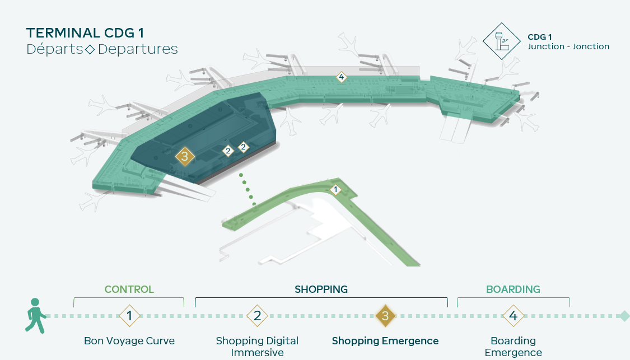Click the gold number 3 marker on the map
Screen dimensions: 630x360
[x=185, y=156]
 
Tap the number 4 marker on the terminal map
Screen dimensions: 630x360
[x=341, y=77]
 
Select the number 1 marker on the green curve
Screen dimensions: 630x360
[x=335, y=189]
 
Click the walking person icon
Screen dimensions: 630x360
[x=35, y=315]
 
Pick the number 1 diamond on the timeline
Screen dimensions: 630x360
[x=129, y=316]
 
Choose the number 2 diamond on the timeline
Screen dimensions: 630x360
[x=257, y=316]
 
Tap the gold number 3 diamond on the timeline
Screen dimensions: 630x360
[x=385, y=316]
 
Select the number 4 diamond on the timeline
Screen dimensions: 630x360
[x=513, y=316]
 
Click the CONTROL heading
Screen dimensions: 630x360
[x=129, y=289]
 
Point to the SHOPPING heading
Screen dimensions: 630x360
[x=321, y=289]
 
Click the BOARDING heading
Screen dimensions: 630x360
[x=513, y=289]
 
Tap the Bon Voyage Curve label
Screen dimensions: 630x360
[x=129, y=341]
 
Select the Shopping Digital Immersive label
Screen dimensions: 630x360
[x=257, y=347]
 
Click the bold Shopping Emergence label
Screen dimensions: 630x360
[x=385, y=341]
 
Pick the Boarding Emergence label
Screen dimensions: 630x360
[x=513, y=347]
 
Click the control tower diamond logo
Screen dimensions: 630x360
[x=501, y=41]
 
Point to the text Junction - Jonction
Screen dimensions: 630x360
[x=568, y=46]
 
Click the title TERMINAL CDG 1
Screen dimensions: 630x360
[x=85, y=33]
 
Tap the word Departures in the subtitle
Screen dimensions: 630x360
[x=138, y=49]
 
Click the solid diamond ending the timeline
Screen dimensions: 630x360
[x=624, y=316]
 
